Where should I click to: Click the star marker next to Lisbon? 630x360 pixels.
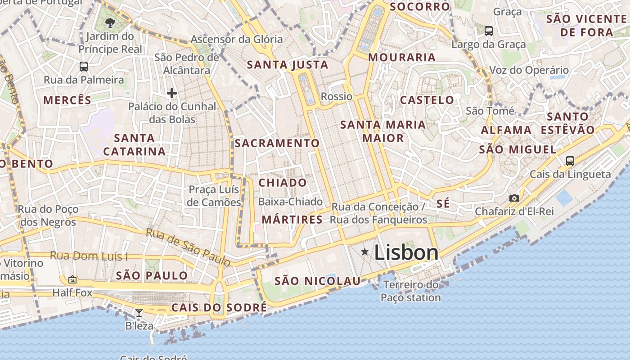(x=364, y=252)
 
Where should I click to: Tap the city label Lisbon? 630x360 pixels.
(x=406, y=252)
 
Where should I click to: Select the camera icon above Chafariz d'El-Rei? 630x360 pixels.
(x=514, y=198)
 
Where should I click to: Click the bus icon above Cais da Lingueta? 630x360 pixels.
(x=570, y=161)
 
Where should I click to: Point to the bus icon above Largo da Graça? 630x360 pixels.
(x=488, y=31)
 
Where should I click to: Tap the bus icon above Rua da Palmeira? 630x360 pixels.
(x=84, y=67)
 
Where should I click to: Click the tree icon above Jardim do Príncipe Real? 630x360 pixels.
(x=110, y=22)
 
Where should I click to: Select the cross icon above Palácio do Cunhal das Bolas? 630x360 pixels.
(x=171, y=93)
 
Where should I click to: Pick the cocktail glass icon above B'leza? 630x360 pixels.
(x=139, y=312)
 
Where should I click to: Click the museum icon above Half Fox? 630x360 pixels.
(x=72, y=279)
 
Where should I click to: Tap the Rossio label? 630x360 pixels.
(x=337, y=96)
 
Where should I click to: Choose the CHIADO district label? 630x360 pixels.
(x=283, y=183)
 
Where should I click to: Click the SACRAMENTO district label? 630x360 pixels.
(x=277, y=143)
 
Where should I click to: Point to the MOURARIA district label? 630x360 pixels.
(x=402, y=57)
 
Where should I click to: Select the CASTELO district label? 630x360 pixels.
(x=427, y=100)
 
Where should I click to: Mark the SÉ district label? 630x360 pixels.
(x=443, y=203)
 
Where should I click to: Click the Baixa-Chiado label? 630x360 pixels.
(x=290, y=202)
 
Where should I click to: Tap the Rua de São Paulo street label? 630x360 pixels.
(x=189, y=247)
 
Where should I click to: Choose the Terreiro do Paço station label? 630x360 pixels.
(x=411, y=291)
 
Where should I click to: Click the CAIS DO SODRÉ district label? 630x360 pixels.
(x=219, y=308)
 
